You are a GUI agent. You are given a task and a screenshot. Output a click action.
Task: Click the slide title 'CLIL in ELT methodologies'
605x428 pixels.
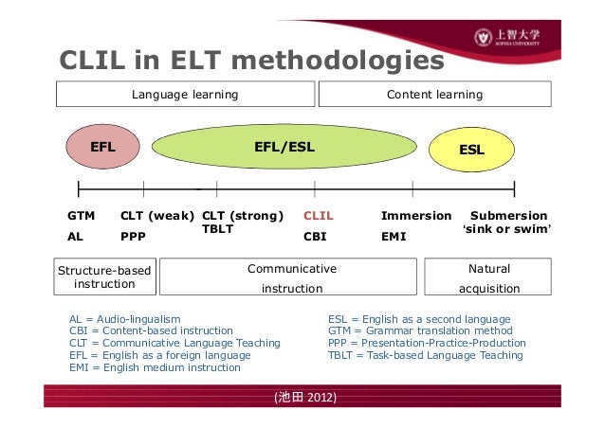251,61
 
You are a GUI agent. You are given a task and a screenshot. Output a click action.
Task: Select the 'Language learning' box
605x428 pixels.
185,95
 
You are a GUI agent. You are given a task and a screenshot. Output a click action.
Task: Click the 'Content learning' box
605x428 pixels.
434,95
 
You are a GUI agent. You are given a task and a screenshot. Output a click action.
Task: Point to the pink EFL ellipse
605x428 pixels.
102,148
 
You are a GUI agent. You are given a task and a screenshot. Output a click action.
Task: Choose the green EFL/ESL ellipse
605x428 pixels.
284,148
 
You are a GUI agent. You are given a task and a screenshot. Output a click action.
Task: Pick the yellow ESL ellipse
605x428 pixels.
471,150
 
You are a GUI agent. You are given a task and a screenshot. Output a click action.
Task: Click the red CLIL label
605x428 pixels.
318,216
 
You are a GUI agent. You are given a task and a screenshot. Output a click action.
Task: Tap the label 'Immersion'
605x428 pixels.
415,216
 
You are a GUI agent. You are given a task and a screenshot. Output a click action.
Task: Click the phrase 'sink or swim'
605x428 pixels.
506,231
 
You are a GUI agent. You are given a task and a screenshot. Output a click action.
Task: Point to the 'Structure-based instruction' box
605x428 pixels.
104,277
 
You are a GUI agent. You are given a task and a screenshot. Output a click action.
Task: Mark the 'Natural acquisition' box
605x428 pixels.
489,277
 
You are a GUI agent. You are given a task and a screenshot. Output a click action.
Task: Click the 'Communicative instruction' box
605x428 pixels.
292,277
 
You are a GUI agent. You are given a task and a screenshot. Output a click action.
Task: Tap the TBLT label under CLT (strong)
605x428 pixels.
218,229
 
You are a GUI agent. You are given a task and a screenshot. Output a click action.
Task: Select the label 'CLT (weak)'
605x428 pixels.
157,216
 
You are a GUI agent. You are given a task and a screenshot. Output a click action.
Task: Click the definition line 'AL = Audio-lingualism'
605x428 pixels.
125,319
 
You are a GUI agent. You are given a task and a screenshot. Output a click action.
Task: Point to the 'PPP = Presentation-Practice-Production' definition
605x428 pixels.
427,343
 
